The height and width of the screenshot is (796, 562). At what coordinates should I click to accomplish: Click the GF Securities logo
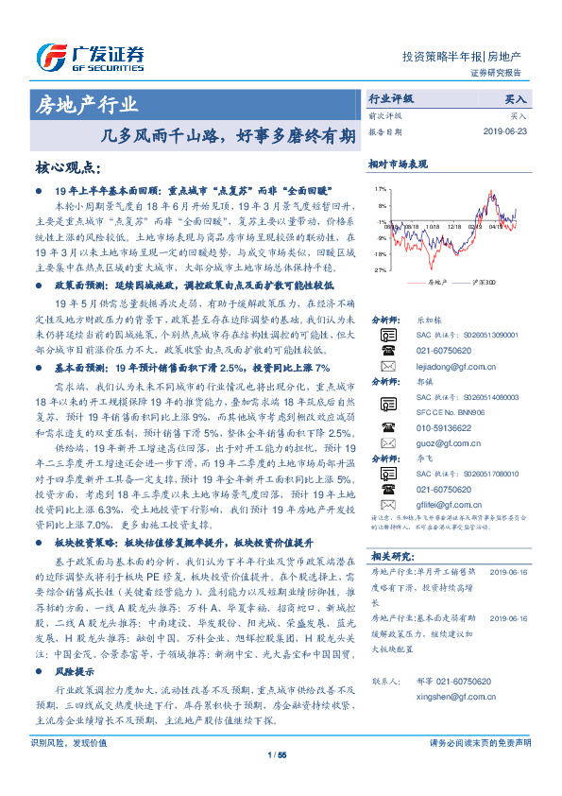[x=89, y=54]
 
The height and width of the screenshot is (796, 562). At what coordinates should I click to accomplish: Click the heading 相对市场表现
[x=398, y=164]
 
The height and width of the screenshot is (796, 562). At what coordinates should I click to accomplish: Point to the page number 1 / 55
[x=278, y=780]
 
